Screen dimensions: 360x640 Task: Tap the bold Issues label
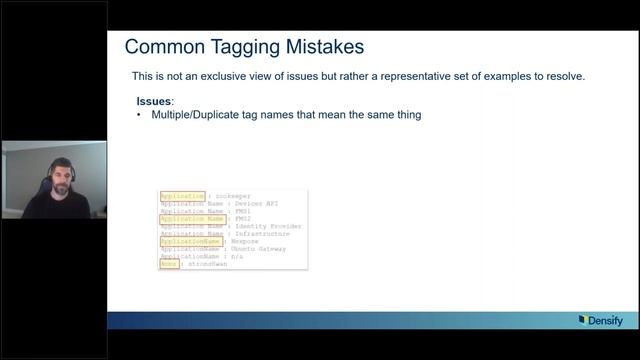point(154,101)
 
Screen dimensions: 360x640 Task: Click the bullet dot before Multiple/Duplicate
point(139,115)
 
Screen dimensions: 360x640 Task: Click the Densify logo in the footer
point(599,320)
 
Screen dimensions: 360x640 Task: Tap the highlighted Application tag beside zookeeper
point(182,196)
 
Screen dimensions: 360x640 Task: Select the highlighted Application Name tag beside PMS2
point(193,219)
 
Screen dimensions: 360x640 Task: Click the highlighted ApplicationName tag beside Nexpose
point(190,241)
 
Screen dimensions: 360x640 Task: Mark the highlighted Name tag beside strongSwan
point(169,264)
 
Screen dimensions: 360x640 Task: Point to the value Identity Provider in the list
point(268,226)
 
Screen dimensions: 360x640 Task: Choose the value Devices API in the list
point(256,204)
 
